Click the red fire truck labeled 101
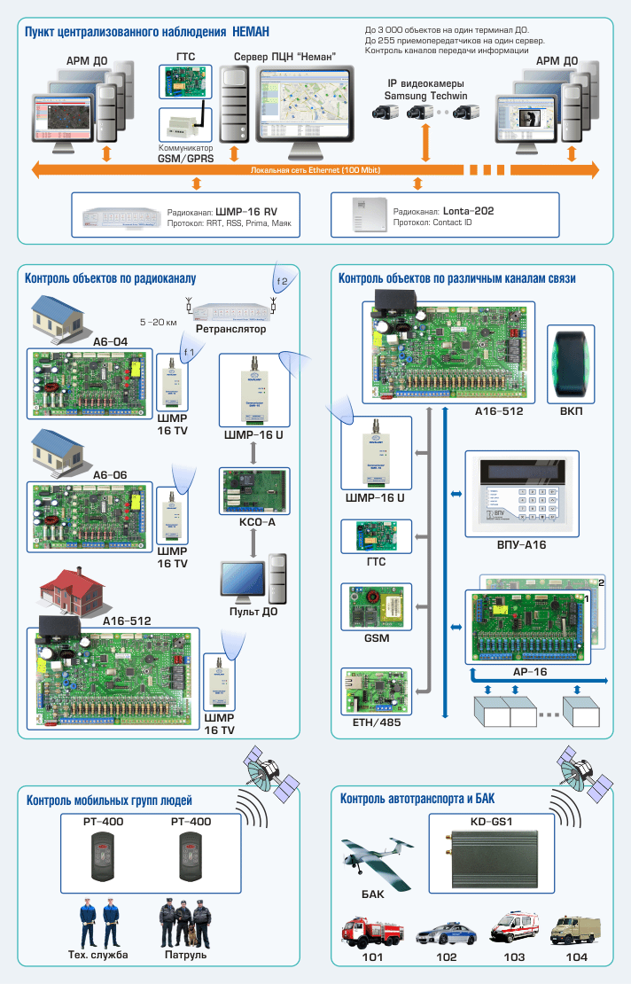click(x=372, y=933)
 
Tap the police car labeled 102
click(x=446, y=934)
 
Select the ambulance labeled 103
click(x=514, y=928)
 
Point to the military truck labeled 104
click(x=577, y=931)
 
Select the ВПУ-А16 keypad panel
click(x=521, y=497)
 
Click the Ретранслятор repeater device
click(x=230, y=310)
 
